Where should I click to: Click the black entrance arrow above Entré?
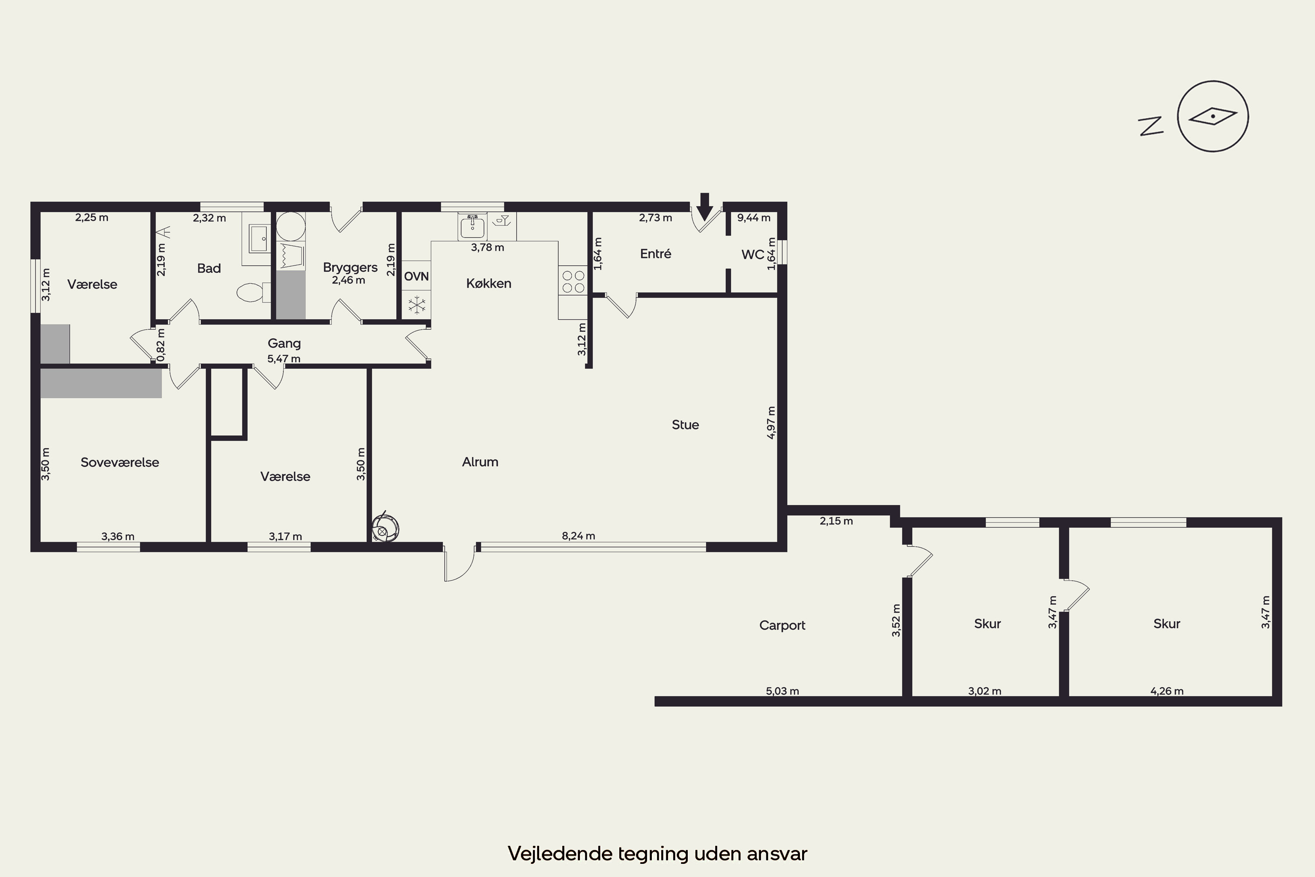pyautogui.click(x=704, y=207)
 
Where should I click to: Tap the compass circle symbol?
pyautogui.click(x=1213, y=116)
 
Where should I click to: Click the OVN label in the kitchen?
pyautogui.click(x=416, y=276)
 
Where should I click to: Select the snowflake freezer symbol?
pyautogui.click(x=416, y=305)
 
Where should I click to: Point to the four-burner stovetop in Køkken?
pyautogui.click(x=573, y=282)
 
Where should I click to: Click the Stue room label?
pyautogui.click(x=686, y=424)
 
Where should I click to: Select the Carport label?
pyautogui.click(x=782, y=625)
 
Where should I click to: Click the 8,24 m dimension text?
pyautogui.click(x=578, y=536)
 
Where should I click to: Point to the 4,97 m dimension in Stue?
pyautogui.click(x=771, y=423)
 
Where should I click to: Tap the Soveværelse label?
pyautogui.click(x=120, y=463)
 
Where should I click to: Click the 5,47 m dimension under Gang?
pyautogui.click(x=284, y=359)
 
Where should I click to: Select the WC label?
pyautogui.click(x=753, y=254)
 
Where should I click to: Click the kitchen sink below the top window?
pyautogui.click(x=473, y=227)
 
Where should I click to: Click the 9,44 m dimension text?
pyautogui.click(x=753, y=217)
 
